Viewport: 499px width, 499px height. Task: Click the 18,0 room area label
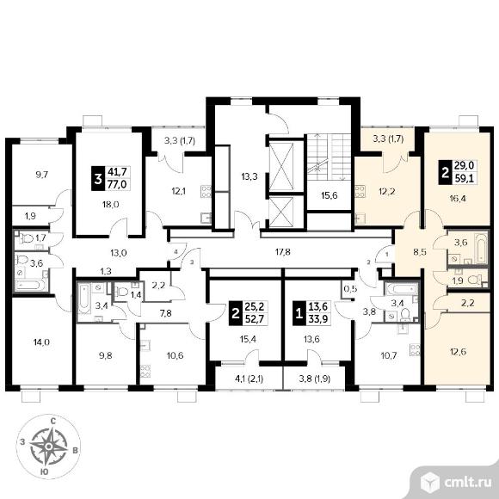[111, 204]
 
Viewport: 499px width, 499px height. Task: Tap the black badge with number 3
[98, 179]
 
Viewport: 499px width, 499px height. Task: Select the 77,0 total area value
[117, 184]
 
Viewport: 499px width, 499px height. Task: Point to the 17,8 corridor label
[282, 252]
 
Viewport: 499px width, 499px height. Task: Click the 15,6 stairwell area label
[329, 195]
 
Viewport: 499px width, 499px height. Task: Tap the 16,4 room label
[458, 199]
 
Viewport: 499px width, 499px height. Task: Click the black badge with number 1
[299, 314]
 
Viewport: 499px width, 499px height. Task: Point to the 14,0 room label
[41, 342]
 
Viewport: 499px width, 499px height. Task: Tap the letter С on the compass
[53, 422]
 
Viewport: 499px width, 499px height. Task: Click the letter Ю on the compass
[46, 472]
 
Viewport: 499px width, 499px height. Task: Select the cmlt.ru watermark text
[468, 483]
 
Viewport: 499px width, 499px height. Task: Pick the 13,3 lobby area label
[249, 176]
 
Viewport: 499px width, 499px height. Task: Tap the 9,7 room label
[41, 175]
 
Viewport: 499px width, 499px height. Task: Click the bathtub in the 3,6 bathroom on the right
[481, 248]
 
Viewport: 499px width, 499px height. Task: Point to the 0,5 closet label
[351, 288]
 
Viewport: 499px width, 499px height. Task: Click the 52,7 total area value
[256, 318]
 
